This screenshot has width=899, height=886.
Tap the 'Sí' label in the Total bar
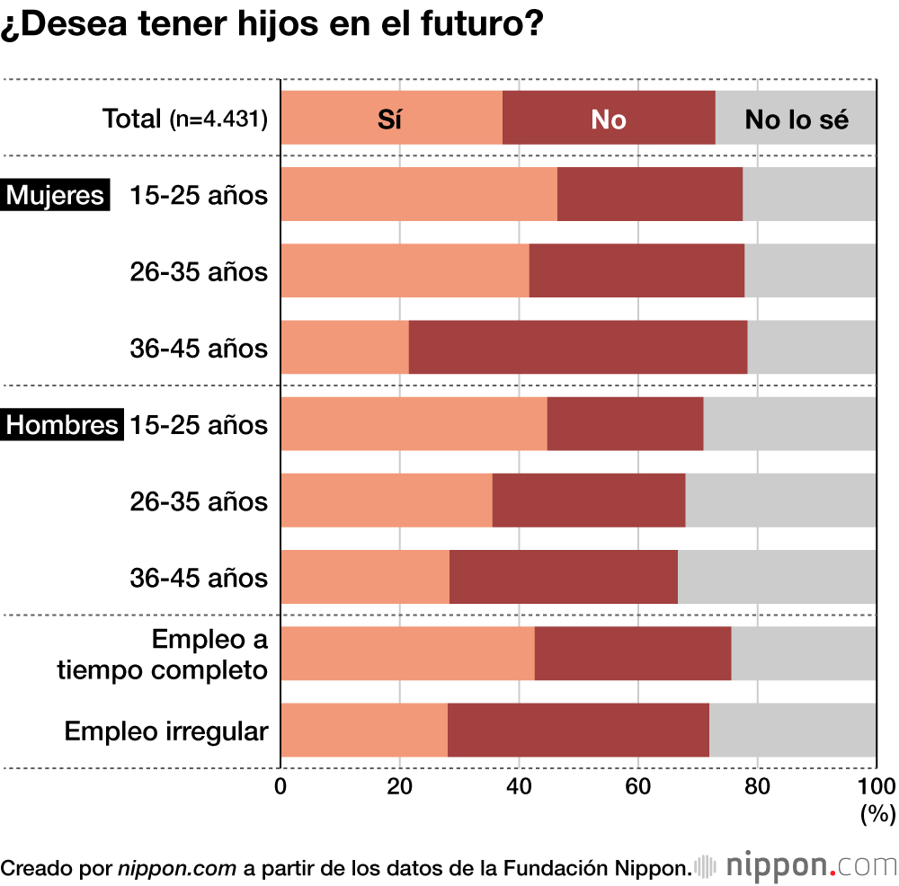coord(389,120)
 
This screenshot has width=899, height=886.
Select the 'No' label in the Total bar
coord(608,120)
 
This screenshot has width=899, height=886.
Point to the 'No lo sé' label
coord(797,120)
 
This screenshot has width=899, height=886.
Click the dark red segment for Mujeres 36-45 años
coord(577,347)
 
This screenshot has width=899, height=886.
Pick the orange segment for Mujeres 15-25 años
coord(419,194)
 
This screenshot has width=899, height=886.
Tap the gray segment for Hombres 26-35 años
coord(780,501)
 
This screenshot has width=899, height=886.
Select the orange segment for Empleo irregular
coord(364,730)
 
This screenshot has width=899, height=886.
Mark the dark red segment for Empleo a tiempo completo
coord(633,653)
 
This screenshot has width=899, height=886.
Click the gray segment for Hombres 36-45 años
coord(777,577)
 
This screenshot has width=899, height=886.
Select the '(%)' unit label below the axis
coord(877,814)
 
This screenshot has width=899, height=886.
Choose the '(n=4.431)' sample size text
coord(218,120)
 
